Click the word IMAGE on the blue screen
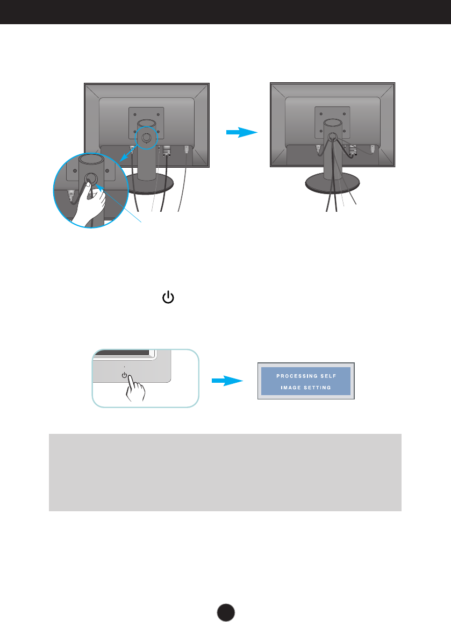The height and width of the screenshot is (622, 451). [292, 388]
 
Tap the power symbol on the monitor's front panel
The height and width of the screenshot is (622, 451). [125, 375]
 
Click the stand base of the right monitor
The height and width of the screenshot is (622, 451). [332, 184]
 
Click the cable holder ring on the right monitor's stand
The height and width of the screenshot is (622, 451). [332, 137]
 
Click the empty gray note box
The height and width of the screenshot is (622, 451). [225, 472]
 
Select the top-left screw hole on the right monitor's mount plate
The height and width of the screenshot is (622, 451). [320, 114]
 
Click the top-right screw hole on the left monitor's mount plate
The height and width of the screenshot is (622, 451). [158, 113]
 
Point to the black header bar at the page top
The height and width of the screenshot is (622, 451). [225, 12]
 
